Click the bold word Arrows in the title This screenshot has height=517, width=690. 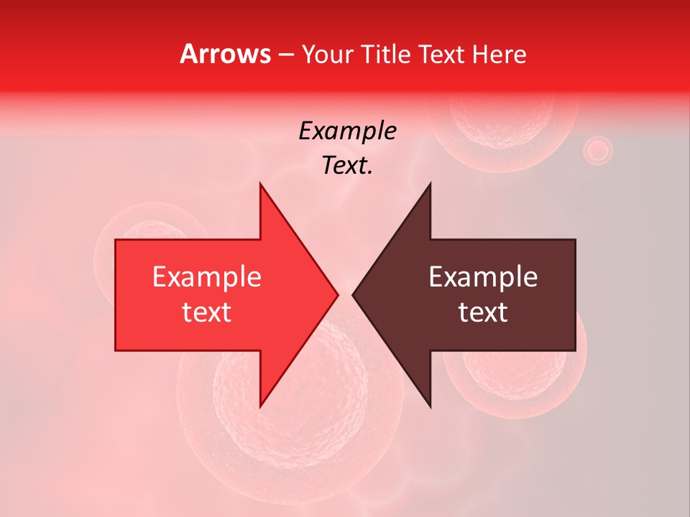226,54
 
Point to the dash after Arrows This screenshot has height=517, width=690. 286,55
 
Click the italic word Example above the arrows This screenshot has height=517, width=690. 347,131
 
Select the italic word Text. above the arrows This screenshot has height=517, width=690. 347,166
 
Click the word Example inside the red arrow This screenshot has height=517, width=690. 207,277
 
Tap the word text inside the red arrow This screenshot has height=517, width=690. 207,312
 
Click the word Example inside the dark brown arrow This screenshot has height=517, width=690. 483,277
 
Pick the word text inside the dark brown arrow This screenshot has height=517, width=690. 483,312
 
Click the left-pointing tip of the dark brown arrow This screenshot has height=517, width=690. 354,294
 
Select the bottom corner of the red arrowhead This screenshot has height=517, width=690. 261,406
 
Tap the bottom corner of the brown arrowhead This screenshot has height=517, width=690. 430,406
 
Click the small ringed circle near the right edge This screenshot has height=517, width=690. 597,151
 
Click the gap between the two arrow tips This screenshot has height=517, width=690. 345,294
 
